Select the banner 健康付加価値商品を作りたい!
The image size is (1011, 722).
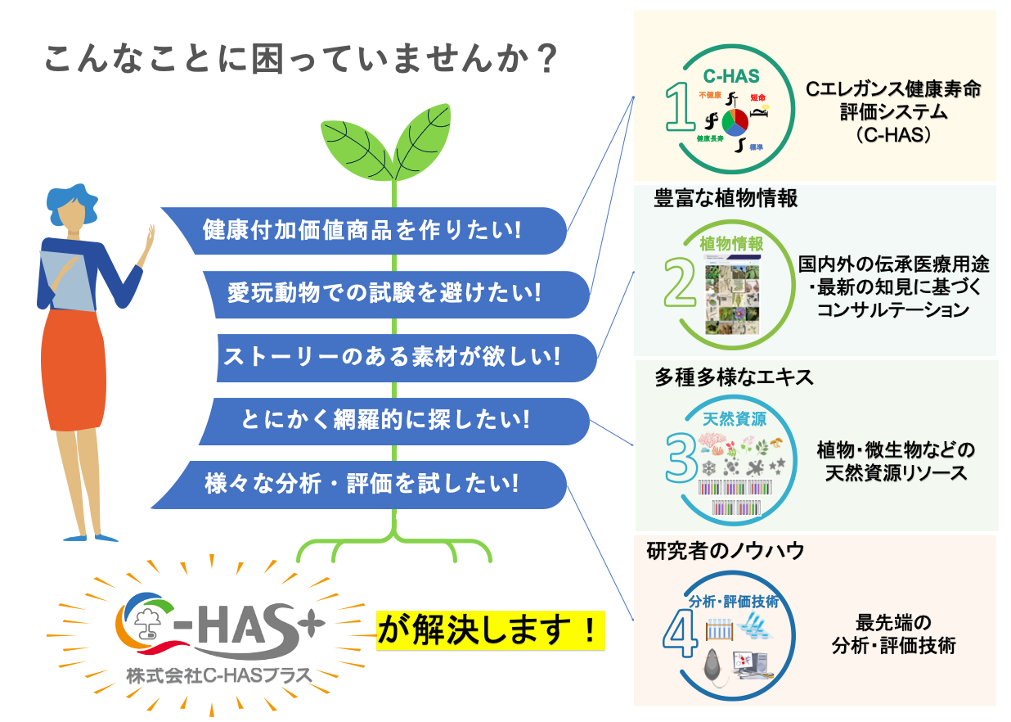click(x=362, y=230)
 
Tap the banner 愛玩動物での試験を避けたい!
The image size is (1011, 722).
click(x=384, y=293)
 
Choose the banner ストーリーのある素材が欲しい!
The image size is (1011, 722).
click(x=392, y=357)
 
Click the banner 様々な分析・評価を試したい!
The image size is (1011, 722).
click(x=362, y=484)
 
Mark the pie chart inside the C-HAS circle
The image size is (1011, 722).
click(x=734, y=121)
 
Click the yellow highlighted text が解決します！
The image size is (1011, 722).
click(x=489, y=629)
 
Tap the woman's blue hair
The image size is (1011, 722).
click(x=72, y=201)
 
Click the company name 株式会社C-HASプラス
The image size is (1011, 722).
click(x=219, y=676)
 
